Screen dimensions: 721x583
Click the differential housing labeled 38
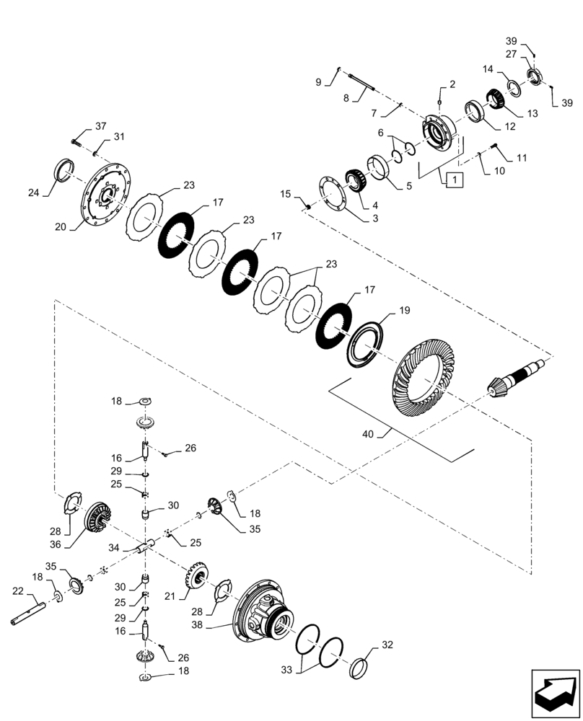coord(265,610)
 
